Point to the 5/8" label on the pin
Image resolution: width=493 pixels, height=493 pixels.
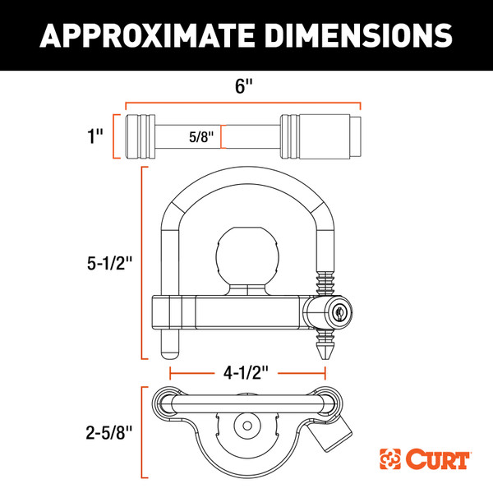200,136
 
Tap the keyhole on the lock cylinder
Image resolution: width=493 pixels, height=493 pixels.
340,311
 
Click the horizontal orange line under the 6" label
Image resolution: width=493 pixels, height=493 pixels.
243,104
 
